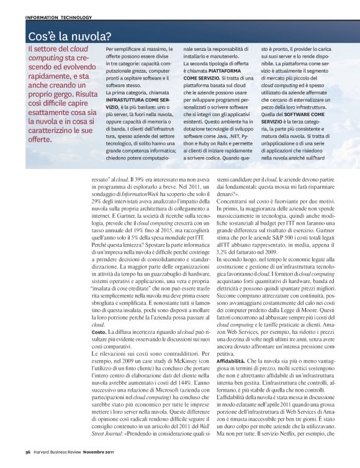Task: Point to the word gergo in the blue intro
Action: pyautogui.click(x=56, y=84)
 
